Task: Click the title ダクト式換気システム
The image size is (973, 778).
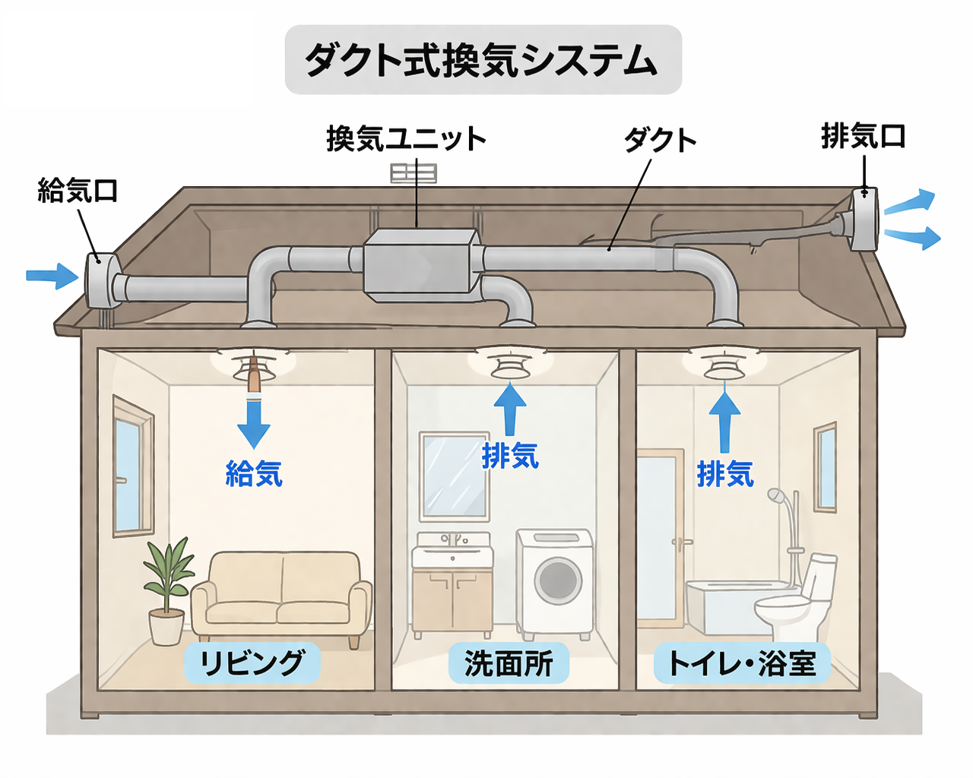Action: (483, 60)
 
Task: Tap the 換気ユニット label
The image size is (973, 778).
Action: (406, 139)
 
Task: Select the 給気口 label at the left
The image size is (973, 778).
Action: (78, 191)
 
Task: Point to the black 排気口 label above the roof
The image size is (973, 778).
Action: (863, 137)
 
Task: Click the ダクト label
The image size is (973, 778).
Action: (660, 141)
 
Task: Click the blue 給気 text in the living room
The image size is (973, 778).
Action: (254, 474)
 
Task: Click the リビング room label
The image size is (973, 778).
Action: (252, 663)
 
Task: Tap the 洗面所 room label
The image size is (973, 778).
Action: (508, 663)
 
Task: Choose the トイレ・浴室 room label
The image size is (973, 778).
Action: (741, 663)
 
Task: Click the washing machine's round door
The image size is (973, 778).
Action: (558, 581)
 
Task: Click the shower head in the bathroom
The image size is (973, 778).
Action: (776, 495)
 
